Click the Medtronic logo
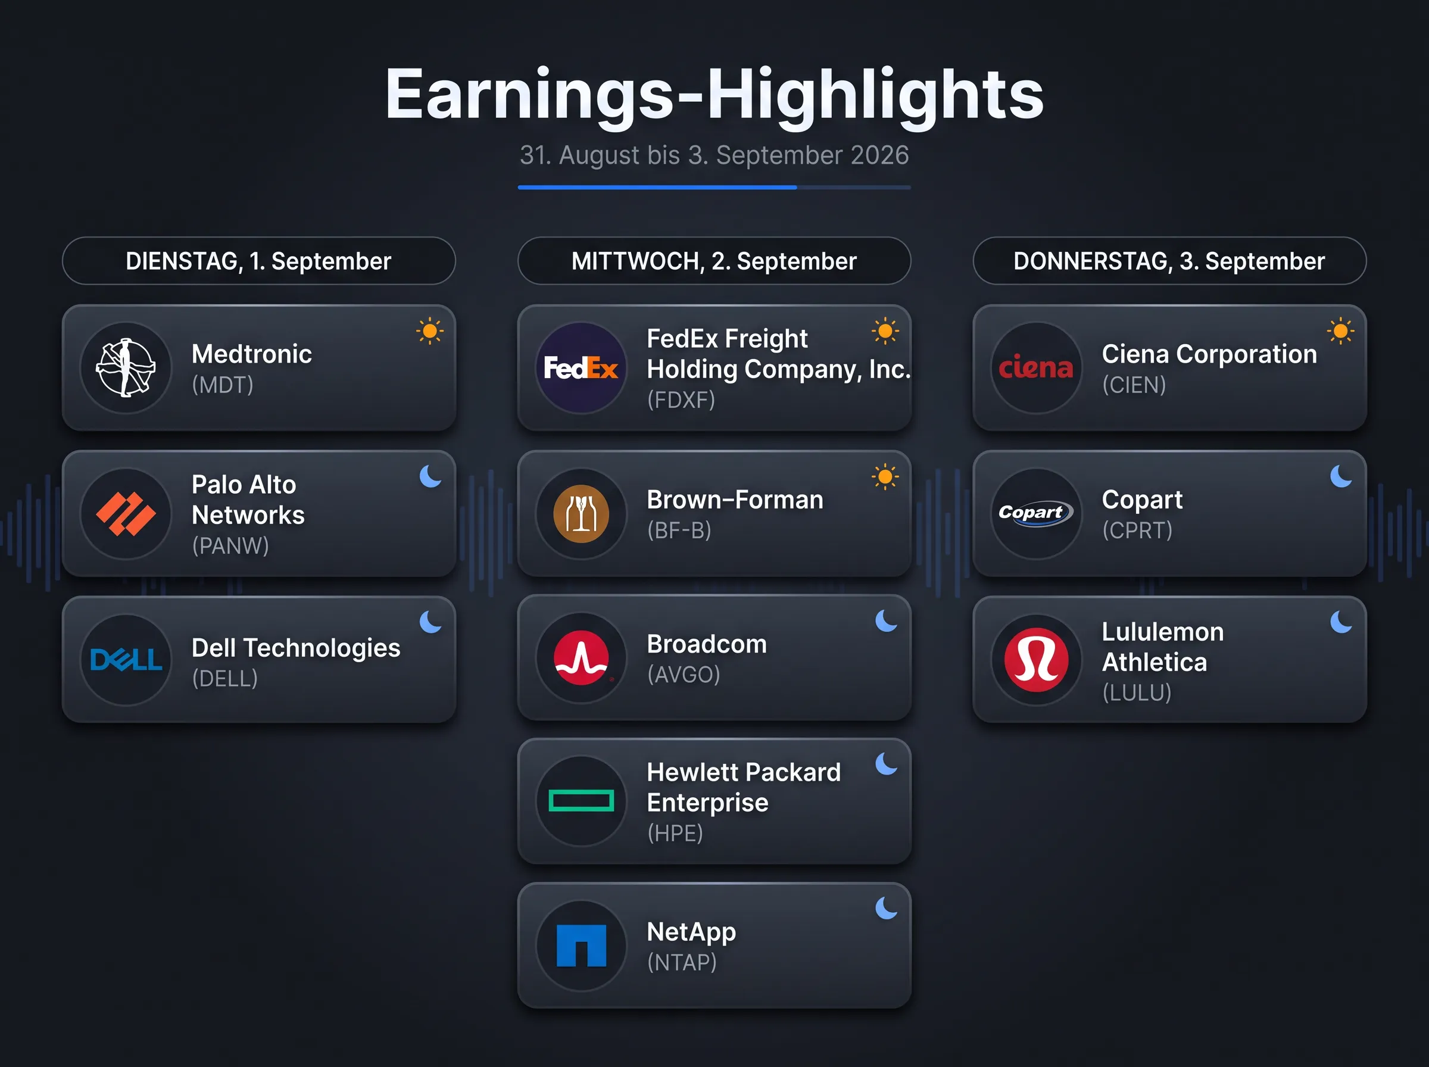pos(126,367)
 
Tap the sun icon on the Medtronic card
pos(430,331)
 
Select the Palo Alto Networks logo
pos(126,513)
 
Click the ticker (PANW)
pos(230,546)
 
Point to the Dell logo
pos(126,660)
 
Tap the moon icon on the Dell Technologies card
pos(430,622)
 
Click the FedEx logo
pos(581,368)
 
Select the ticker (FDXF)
pos(681,400)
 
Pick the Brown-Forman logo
pos(581,513)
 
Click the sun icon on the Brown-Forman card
pos(885,478)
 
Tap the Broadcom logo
pos(581,657)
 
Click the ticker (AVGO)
pos(684,674)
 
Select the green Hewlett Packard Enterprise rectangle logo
pos(581,801)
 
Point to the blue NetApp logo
pos(581,946)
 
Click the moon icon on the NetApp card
pos(886,908)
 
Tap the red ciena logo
pos(1036,367)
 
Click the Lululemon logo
pos(1036,660)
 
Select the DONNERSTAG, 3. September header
pos(1169,261)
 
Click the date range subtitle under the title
pos(714,155)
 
